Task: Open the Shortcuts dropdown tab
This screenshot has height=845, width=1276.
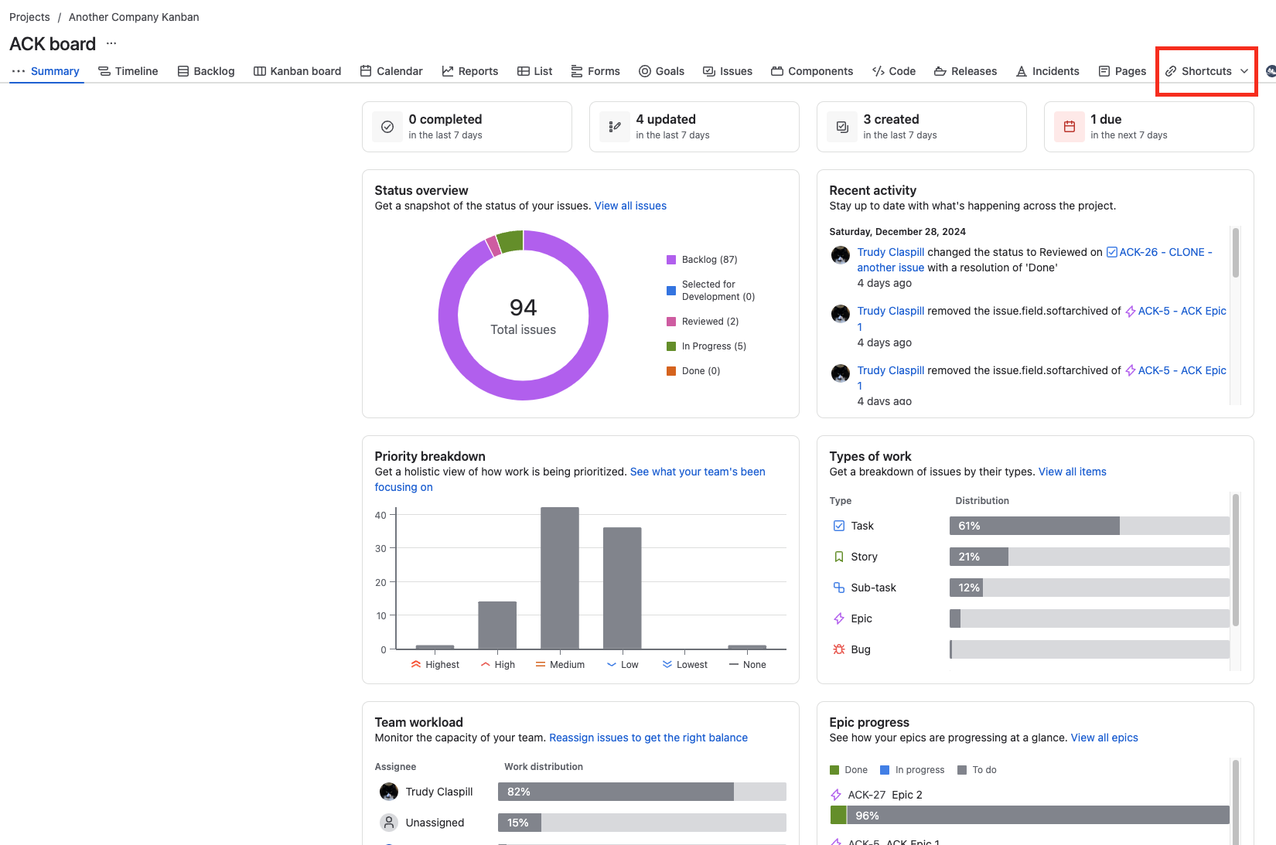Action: click(1206, 71)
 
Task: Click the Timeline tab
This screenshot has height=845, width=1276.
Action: click(128, 71)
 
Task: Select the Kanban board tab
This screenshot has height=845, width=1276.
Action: click(298, 71)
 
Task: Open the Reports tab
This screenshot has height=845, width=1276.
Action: click(470, 71)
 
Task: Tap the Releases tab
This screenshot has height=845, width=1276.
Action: click(965, 71)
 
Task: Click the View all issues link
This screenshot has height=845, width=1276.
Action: click(630, 206)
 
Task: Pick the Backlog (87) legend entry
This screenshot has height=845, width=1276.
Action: click(709, 260)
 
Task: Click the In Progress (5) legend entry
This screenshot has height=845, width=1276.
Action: click(713, 346)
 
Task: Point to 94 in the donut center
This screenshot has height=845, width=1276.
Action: click(524, 308)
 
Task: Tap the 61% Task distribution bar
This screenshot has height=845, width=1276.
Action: click(1035, 526)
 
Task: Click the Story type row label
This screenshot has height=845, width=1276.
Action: click(864, 557)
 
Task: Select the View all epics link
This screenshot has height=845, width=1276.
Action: click(1104, 738)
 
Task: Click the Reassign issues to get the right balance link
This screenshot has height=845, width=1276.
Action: click(648, 738)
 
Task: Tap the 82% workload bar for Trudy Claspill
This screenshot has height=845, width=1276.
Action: click(616, 792)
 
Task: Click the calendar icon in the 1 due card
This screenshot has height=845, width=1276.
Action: click(1070, 127)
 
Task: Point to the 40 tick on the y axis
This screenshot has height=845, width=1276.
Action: click(380, 515)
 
